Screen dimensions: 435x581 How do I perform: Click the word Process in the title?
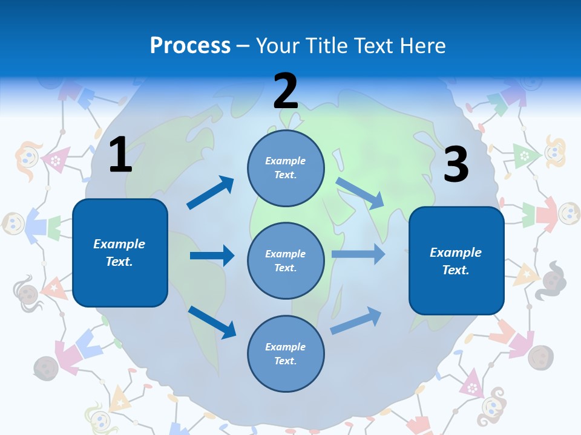tap(190, 45)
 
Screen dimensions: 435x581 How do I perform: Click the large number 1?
tap(120, 155)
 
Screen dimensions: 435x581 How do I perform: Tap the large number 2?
tap(286, 91)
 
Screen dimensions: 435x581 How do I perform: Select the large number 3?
tap(456, 164)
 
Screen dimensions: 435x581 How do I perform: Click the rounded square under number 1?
tap(120, 253)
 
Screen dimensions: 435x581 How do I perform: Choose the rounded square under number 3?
tap(456, 260)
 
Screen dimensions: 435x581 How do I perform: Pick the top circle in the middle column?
tap(286, 168)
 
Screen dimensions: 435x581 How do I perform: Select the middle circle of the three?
tap(286, 260)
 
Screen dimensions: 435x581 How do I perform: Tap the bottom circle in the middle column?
tap(286, 353)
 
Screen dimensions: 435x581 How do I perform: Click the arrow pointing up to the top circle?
tap(211, 193)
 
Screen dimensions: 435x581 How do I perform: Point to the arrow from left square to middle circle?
tap(212, 256)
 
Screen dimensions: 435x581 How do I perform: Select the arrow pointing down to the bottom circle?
tap(212, 322)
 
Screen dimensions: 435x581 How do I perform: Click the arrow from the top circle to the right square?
tap(360, 193)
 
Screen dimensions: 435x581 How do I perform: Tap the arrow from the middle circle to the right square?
tap(358, 254)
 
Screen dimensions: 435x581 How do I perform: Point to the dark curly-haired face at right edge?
tap(553, 277)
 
